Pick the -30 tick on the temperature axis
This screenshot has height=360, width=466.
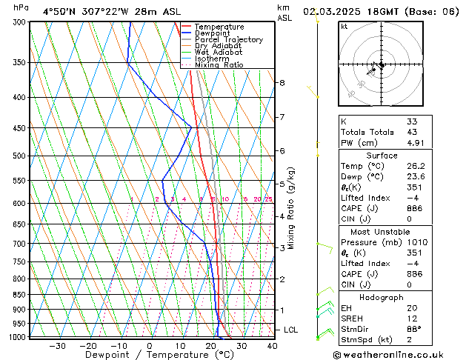tap(57, 345)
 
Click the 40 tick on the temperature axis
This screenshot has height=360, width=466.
tap(272, 345)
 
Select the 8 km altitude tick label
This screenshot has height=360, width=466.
tap(282, 83)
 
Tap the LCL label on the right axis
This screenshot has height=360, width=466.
tap(291, 330)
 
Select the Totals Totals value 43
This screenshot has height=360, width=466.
tap(412, 132)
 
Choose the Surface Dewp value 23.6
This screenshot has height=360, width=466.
tap(416, 177)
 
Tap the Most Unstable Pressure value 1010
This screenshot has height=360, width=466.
tap(416, 242)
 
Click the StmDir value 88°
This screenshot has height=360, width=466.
tap(413, 329)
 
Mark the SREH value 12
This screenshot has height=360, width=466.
tap(412, 319)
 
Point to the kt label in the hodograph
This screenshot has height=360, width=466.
tap(344, 27)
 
